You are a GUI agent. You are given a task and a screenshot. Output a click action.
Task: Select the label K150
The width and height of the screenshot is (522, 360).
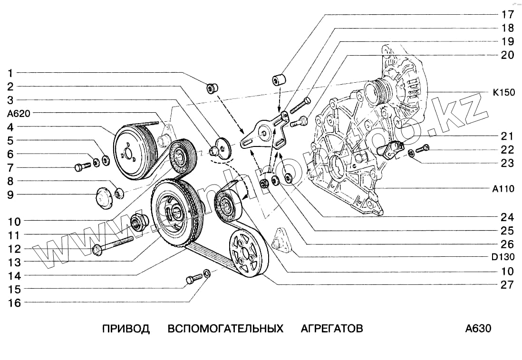click(x=503, y=93)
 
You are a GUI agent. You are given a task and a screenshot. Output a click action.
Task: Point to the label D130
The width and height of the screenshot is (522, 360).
click(x=503, y=257)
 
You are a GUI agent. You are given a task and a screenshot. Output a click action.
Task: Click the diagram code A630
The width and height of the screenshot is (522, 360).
click(x=478, y=329)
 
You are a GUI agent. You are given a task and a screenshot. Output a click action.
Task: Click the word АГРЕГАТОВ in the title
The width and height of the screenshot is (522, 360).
click(x=332, y=329)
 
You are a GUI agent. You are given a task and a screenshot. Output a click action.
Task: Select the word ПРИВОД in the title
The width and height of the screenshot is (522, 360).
click(x=126, y=329)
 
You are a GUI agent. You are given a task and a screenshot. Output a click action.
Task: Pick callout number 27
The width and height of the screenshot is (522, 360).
click(x=507, y=285)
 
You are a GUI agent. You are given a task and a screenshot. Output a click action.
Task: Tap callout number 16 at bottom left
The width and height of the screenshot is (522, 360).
click(x=14, y=302)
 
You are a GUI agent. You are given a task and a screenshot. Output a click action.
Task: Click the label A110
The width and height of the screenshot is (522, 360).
click(x=503, y=189)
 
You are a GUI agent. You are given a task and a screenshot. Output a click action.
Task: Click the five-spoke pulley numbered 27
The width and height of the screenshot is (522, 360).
click(x=248, y=253)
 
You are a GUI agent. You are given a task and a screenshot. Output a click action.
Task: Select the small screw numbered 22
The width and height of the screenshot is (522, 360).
click(x=423, y=148)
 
